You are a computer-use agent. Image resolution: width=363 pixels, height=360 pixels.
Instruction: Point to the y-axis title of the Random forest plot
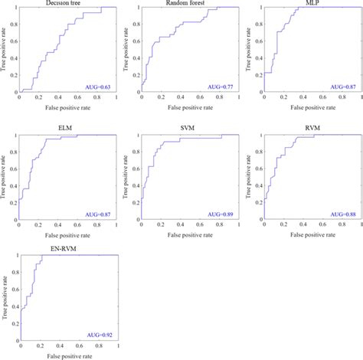click(128, 50)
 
